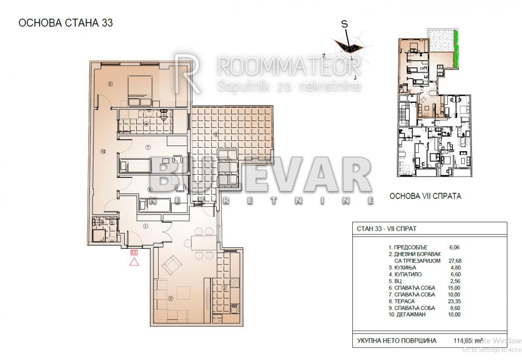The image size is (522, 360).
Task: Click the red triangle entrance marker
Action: tap(134, 262)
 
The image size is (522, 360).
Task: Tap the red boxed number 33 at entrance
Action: tap(134, 252)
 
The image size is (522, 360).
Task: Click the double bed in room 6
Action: tap(139, 87)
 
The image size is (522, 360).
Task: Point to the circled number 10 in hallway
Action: tap(103, 151)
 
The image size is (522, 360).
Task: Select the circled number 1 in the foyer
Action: tap(146, 226)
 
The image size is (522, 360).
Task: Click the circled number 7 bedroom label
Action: tap(148, 147)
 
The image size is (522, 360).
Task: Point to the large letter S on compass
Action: tap(344, 24)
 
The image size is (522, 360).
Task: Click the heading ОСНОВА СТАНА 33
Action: tap(66, 23)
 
